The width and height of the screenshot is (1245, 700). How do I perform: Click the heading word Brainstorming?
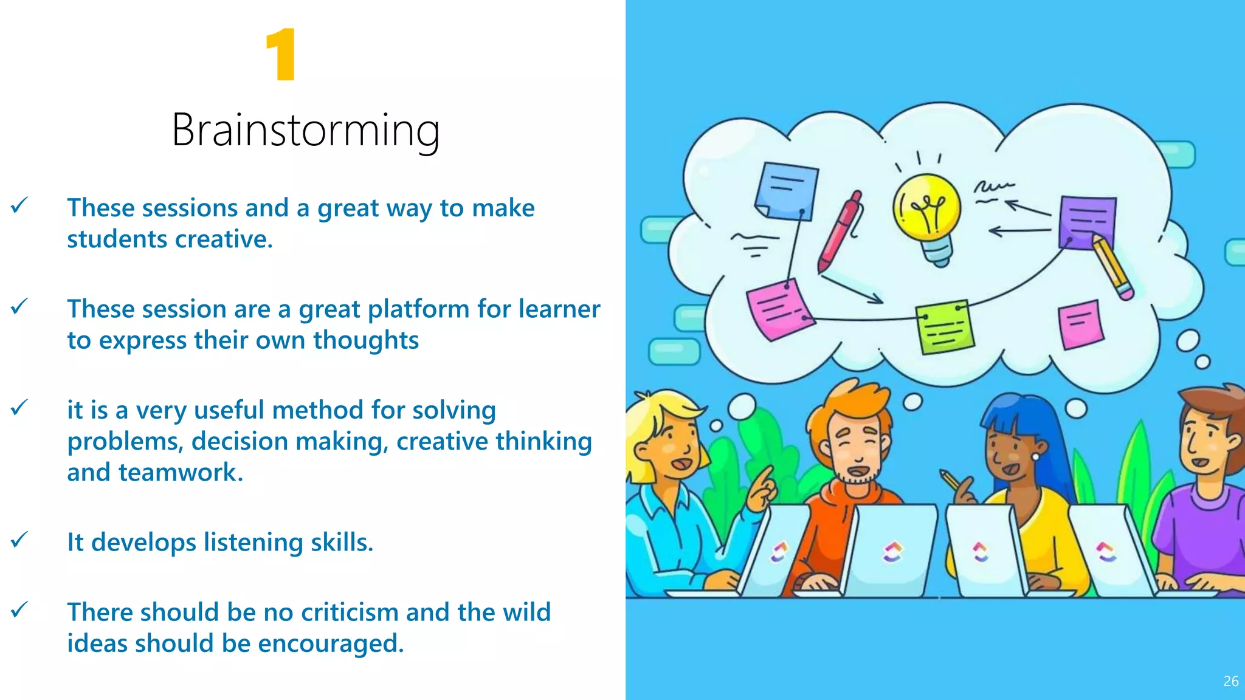[x=306, y=130]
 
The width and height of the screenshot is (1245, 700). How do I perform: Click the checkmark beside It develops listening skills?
[x=19, y=540]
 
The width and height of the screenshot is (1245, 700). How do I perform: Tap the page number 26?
[x=1230, y=681]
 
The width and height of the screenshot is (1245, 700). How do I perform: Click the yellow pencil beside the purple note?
[x=1112, y=267]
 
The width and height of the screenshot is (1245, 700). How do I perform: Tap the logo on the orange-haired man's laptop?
[x=892, y=552]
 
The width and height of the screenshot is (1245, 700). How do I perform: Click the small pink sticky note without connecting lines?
[x=1080, y=324]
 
